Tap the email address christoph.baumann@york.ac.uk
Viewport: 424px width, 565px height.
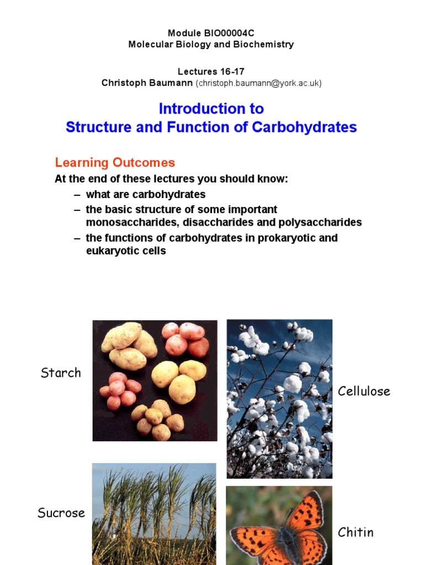(258, 83)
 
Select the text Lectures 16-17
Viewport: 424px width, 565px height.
(211, 72)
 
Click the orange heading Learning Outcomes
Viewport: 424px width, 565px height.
(115, 163)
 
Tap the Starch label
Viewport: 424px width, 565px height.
(61, 373)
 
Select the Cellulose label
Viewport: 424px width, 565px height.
(364, 392)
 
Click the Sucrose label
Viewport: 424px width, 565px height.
(61, 513)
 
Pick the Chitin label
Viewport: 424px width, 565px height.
(356, 532)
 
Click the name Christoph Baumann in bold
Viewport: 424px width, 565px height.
(147, 83)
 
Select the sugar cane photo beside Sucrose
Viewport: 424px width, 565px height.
(154, 513)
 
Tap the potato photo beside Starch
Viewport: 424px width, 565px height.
(155, 381)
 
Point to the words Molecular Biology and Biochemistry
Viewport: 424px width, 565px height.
(211, 44)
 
